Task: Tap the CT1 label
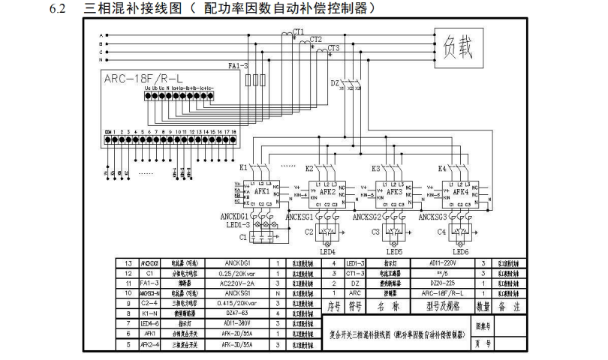click(x=299, y=31)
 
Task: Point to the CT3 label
click(x=334, y=47)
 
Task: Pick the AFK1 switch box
click(x=262, y=192)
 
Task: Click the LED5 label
click(x=394, y=252)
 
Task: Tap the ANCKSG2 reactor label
click(x=374, y=217)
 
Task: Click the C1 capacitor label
click(x=242, y=237)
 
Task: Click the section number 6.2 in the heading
click(x=59, y=10)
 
